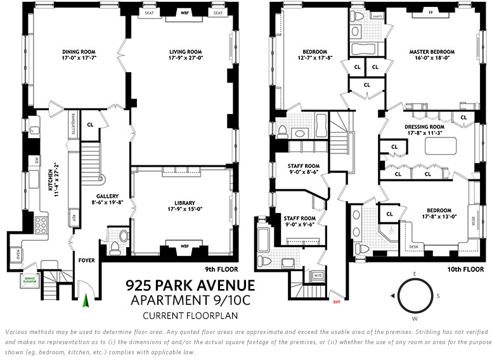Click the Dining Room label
click(x=79, y=52)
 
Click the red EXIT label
click(x=336, y=303)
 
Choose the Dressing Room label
click(x=425, y=126)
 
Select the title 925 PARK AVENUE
click(x=190, y=285)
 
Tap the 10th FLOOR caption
click(x=460, y=268)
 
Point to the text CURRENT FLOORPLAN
click(x=190, y=315)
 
